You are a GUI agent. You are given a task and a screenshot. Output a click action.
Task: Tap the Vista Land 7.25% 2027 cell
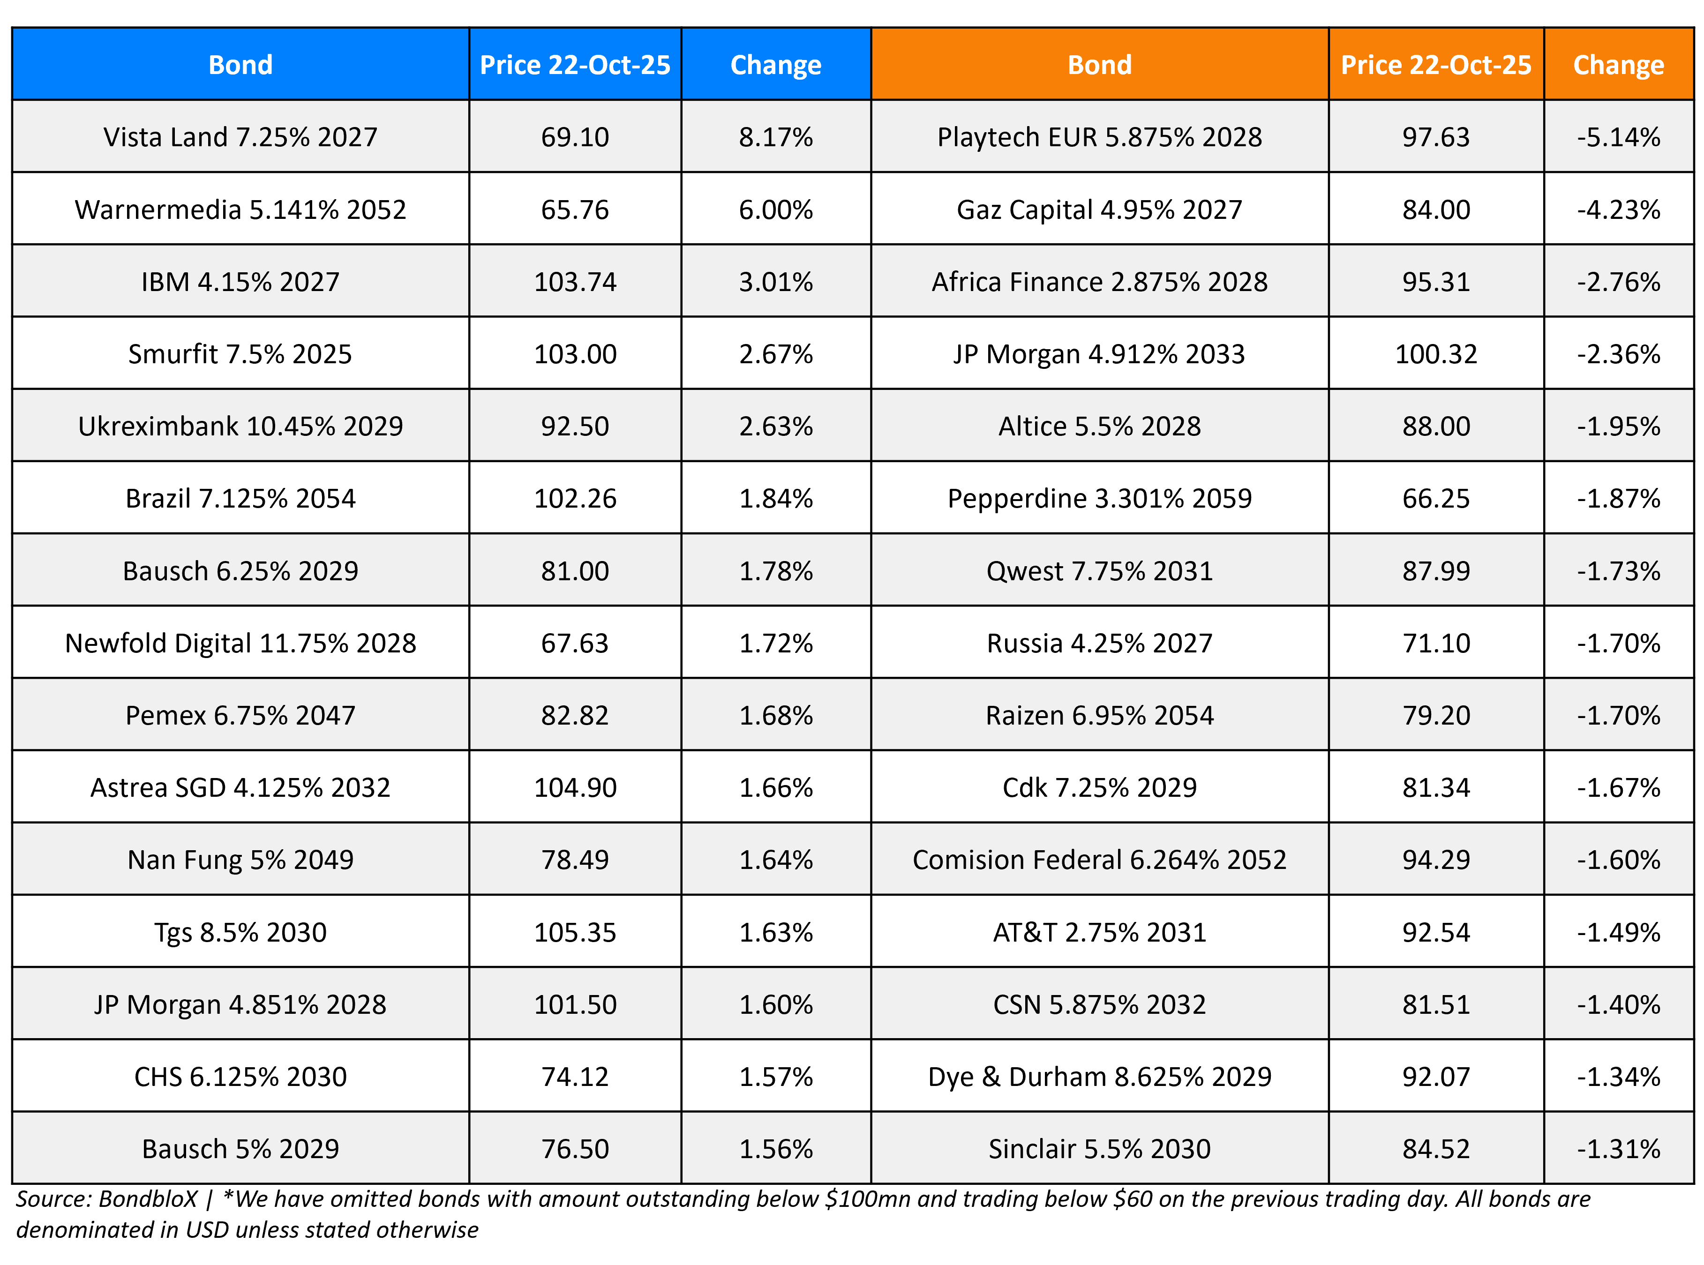click(x=240, y=137)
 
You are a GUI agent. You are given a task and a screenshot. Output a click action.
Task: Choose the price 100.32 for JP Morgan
click(x=1435, y=354)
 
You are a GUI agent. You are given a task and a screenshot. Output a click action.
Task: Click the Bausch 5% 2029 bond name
click(x=240, y=1149)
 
